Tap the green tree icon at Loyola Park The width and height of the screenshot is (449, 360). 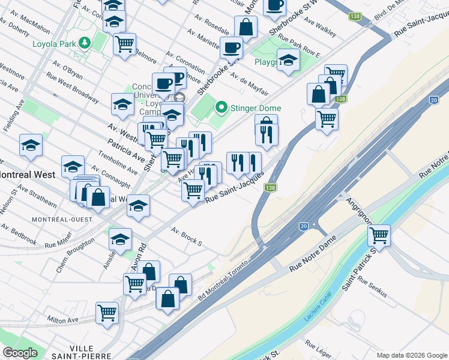point(85,43)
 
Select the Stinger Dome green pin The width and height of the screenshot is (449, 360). point(221,108)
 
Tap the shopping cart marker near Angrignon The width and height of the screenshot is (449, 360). point(379,236)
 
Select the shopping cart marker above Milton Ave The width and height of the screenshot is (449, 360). point(107,313)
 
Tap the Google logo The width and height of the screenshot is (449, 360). point(20,353)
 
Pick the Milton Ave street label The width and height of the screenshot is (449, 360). point(63,320)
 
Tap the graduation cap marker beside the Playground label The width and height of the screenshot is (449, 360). point(289,60)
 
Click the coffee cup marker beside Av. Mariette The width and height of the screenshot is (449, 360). point(231,48)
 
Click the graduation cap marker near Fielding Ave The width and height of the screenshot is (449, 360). point(31,145)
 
